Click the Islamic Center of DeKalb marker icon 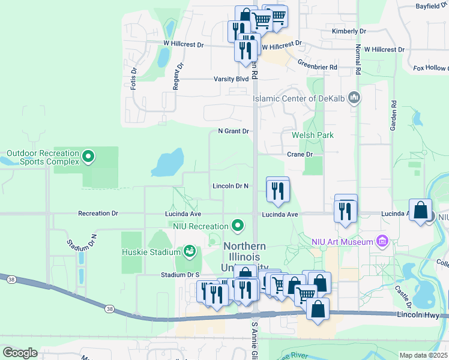(354, 98)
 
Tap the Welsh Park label (312, 136)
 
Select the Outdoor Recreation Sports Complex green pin (88, 157)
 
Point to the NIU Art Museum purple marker (382, 242)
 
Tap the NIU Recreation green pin (238, 226)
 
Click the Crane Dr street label (300, 154)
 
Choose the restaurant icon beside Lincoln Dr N (277, 191)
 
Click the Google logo (20, 353)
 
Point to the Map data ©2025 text (423, 355)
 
